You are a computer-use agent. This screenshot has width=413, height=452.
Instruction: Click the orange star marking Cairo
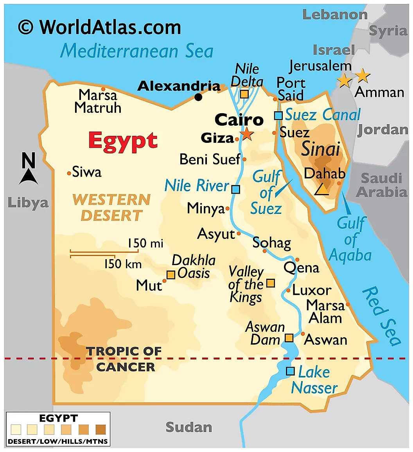coord(247,135)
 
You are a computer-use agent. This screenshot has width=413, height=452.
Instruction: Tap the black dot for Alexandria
coord(199,97)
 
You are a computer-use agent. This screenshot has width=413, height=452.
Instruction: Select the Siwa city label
coord(87,172)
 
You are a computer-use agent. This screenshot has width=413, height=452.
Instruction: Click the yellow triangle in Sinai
coord(322,189)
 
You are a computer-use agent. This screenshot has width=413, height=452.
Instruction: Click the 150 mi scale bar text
coord(145,244)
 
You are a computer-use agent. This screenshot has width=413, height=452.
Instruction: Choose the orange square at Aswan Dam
coord(289,338)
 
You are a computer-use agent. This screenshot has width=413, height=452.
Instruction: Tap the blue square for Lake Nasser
coord(290,371)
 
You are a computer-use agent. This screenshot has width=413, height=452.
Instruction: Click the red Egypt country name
coord(123,141)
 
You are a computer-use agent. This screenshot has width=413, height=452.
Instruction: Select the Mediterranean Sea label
coord(136,51)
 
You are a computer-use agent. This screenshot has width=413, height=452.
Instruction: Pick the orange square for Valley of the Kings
coord(270,283)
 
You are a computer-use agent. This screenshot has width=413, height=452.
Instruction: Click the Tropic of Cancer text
coord(125,359)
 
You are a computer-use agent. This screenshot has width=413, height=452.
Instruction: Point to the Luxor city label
coord(312,290)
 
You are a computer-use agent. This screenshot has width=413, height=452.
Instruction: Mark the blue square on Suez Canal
coord(278,116)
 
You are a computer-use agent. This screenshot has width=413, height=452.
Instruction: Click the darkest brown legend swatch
coord(101,430)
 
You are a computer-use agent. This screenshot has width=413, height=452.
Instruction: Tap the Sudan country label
coord(189,427)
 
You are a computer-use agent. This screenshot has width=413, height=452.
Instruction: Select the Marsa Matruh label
coord(97,101)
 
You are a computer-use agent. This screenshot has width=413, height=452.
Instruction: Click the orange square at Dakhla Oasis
coord(171,275)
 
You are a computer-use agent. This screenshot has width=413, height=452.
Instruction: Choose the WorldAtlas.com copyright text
coord(99,27)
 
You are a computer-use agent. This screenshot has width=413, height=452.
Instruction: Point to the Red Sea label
coord(381,316)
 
